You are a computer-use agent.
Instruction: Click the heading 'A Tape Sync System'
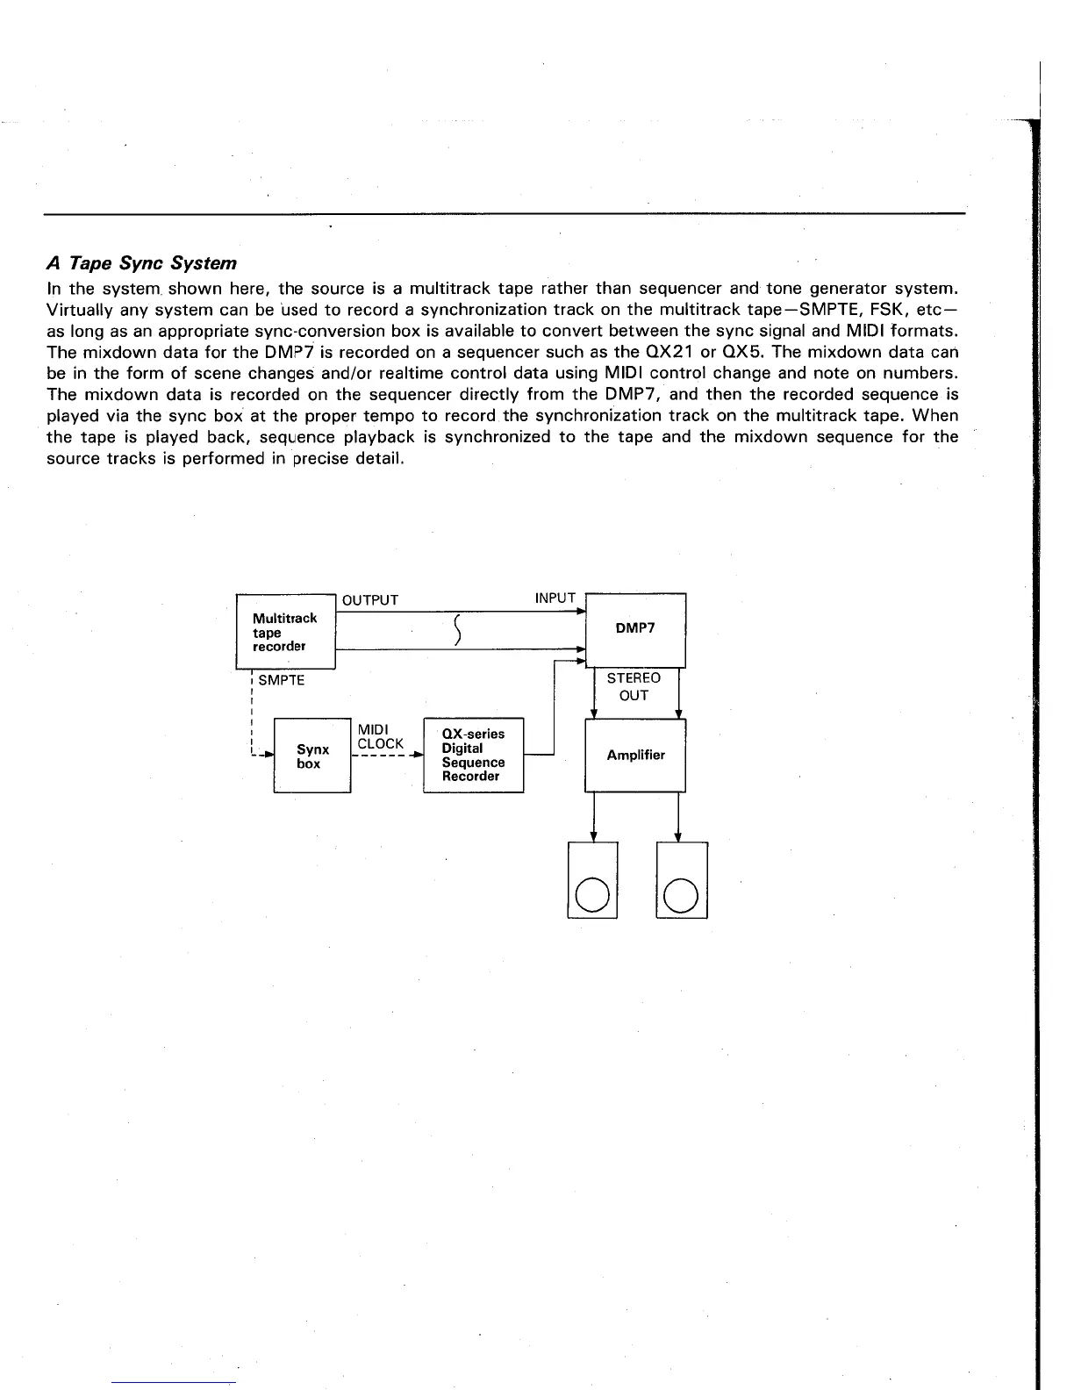click(141, 263)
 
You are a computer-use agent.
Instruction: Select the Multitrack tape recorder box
click(286, 631)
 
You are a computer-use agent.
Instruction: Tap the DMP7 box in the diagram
click(635, 629)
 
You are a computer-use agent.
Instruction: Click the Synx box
click(312, 756)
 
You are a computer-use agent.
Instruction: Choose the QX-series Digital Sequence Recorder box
click(473, 755)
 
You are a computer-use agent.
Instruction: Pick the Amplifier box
click(635, 755)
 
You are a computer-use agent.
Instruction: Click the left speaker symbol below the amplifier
click(593, 880)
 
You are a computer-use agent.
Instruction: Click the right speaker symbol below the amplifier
click(681, 880)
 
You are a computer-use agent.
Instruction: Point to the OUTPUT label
click(370, 600)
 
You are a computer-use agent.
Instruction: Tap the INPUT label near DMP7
click(555, 598)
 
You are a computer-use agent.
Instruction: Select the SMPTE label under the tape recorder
click(282, 680)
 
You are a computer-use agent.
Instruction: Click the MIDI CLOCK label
click(381, 736)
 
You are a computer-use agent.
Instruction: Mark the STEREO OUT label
click(634, 686)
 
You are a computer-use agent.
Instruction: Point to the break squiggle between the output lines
click(458, 630)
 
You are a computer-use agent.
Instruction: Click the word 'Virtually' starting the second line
click(77, 310)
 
